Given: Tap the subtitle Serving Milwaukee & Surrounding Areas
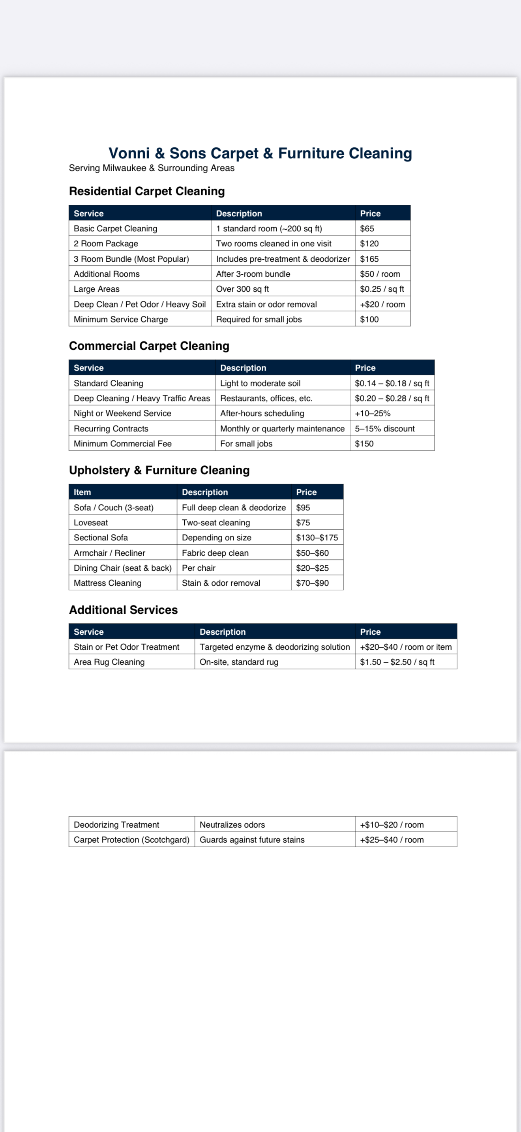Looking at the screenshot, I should click(x=152, y=168).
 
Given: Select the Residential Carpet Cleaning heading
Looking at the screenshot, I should click(x=147, y=191).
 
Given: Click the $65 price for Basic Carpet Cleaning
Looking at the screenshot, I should click(x=367, y=229).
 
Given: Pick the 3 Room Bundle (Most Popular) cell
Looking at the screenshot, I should click(x=131, y=259).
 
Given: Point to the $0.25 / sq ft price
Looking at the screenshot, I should click(x=382, y=289).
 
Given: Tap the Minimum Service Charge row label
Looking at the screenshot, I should click(x=121, y=319).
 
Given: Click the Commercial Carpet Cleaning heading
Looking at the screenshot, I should click(x=149, y=346).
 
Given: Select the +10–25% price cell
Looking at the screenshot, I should click(x=373, y=413).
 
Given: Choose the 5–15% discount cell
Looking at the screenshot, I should click(x=384, y=429).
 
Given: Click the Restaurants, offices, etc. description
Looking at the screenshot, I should click(x=266, y=398).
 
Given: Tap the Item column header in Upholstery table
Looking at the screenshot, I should click(x=82, y=492).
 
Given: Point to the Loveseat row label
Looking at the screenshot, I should click(x=91, y=523).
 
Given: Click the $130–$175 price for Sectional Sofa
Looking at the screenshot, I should click(x=317, y=538).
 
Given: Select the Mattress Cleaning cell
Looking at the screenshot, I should click(x=108, y=583).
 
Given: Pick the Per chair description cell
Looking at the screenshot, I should click(x=199, y=568).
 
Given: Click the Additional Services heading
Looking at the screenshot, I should click(x=124, y=609).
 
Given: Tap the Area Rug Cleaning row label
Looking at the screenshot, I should click(x=109, y=662).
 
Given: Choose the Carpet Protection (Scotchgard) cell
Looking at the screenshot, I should click(x=131, y=840).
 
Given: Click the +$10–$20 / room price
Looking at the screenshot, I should click(x=392, y=825).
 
